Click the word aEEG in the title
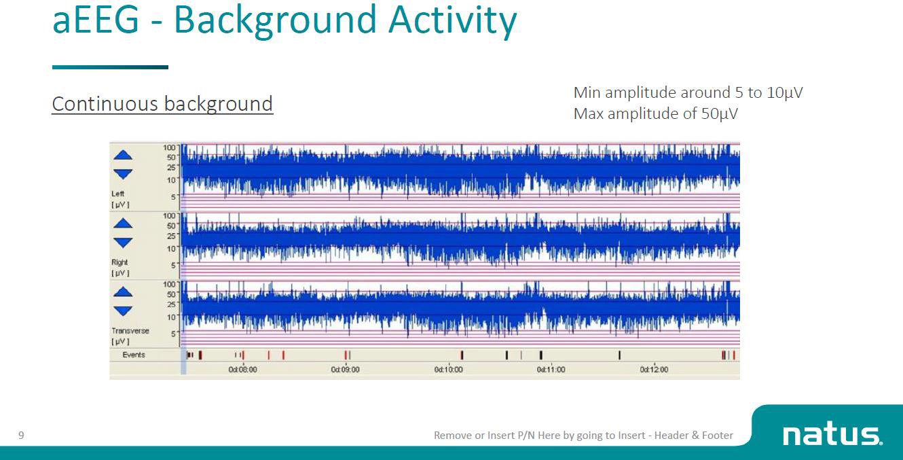pos(96,20)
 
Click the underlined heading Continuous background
pos(162,104)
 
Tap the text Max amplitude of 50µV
pos(655,113)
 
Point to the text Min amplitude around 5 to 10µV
pos(688,92)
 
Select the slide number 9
pos(21,435)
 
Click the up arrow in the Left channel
pos(123,155)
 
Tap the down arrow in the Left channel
pos(123,174)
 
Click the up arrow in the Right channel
pos(123,223)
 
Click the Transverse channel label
pos(130,331)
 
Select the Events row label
pos(134,355)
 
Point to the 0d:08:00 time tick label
pos(242,370)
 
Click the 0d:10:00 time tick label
pos(448,370)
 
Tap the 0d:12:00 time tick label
pos(654,370)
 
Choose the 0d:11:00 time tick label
pos(551,370)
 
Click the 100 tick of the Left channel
pos(169,147)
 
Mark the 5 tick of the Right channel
pos(173,265)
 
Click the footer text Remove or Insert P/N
pos(583,435)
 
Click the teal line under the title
pos(110,67)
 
